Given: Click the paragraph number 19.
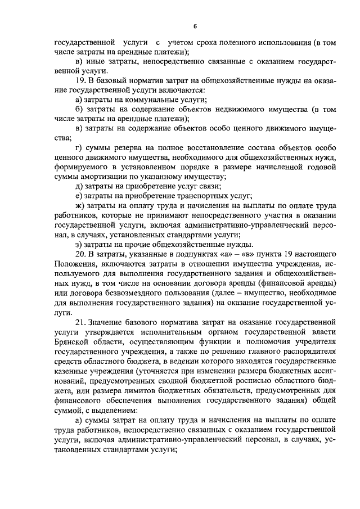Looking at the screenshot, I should coord(80,81).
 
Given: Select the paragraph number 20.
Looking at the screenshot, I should coord(80,254).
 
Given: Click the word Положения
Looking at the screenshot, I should coord(77,264).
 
